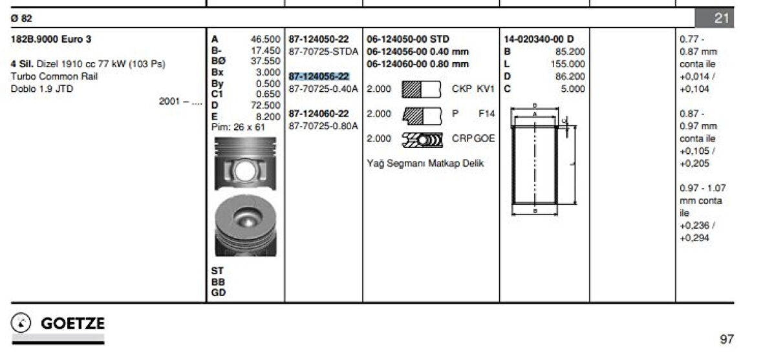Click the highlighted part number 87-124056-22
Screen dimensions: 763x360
tap(319, 76)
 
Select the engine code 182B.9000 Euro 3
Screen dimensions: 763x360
tap(50, 39)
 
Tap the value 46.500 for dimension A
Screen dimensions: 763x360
tap(265, 39)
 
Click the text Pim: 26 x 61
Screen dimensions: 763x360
tap(238, 127)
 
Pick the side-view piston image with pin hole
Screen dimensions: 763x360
tap(245, 164)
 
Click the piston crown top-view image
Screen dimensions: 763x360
tap(246, 226)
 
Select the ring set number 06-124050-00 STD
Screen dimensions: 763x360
tap(408, 39)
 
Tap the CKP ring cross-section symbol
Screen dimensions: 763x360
tap(422, 89)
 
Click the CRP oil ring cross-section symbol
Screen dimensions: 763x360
tap(422, 140)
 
